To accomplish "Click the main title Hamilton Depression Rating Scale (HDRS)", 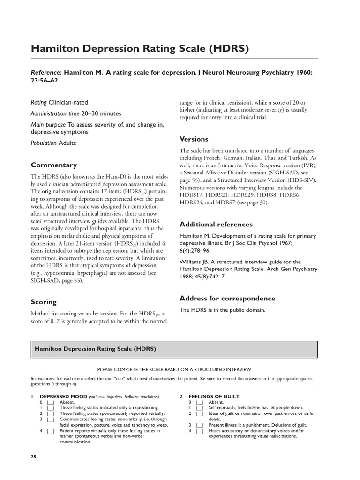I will pos(139,49).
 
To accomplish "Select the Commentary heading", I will pos(53,165).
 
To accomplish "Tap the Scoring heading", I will pos(44,302).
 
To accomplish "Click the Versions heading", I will pos(194,139).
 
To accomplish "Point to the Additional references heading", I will pos(216,224).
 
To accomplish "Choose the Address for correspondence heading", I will pos(227,298).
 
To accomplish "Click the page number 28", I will pos(34,456).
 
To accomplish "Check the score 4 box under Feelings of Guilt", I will pos(200,431).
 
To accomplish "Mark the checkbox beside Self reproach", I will pos(200,408).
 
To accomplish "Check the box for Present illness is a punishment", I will pos(200,425).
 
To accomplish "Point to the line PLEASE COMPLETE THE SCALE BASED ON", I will pos(174,370).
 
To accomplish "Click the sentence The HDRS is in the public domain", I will pos(223,310).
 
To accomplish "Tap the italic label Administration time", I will pos(53,113).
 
